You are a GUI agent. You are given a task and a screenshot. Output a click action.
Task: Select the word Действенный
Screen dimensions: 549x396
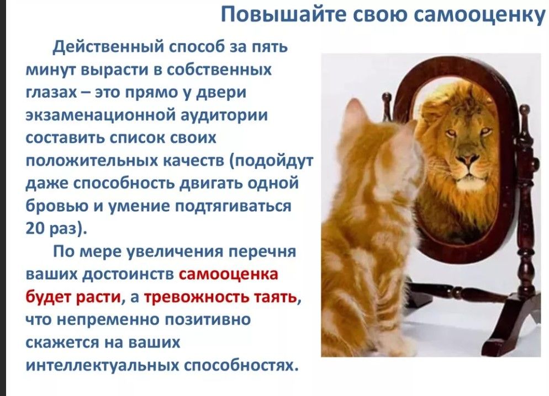click(108, 46)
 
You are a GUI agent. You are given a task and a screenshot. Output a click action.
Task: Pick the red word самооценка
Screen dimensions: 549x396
click(228, 274)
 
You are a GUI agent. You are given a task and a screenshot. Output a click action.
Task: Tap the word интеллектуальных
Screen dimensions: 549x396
click(102, 365)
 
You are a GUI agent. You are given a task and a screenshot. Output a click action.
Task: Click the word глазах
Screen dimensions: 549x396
click(51, 93)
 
